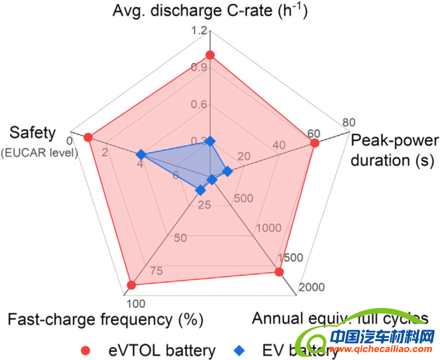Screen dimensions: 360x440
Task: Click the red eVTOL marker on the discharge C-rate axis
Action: [210, 55]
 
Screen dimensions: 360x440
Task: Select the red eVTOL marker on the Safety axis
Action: [88, 137]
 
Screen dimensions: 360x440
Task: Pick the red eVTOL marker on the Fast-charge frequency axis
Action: [131, 284]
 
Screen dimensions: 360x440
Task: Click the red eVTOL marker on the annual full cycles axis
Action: [279, 271]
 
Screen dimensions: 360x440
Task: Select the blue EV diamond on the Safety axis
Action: [140, 155]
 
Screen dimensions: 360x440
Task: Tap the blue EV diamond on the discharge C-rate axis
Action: [210, 141]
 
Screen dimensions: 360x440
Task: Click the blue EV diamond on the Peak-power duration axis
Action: [227, 172]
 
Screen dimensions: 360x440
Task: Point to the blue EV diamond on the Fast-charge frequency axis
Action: [201, 190]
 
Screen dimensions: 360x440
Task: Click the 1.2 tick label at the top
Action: [200, 31]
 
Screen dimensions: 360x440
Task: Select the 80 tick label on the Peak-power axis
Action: [349, 122]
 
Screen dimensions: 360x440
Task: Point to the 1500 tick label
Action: [289, 257]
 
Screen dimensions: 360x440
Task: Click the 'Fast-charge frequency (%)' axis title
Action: [106, 320]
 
